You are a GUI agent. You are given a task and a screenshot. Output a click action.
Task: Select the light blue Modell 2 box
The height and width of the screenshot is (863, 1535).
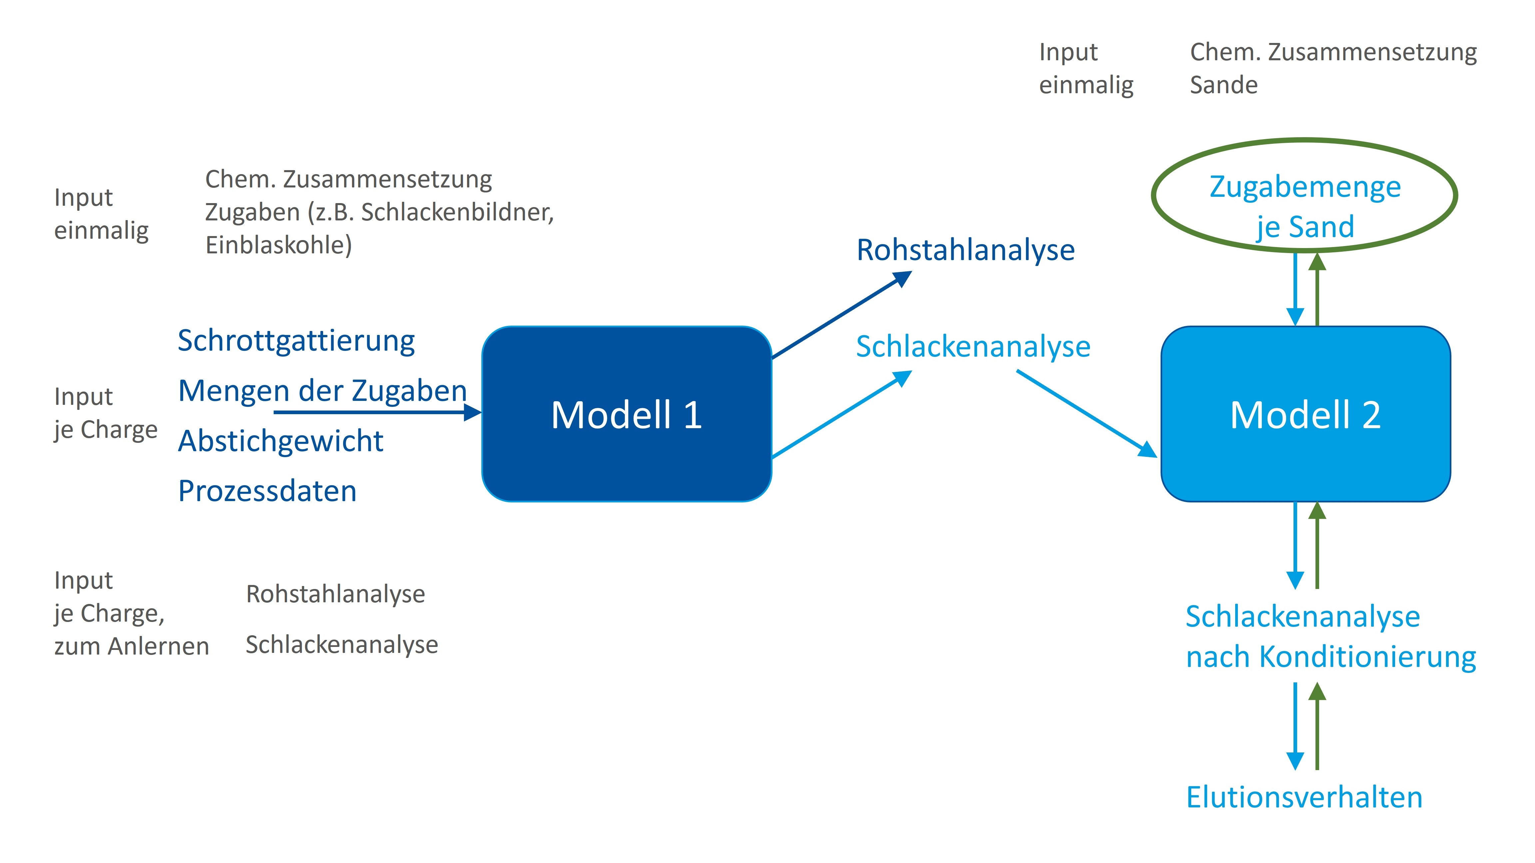click(x=1305, y=414)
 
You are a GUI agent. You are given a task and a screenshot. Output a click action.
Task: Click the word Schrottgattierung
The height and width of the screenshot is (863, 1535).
click(x=296, y=341)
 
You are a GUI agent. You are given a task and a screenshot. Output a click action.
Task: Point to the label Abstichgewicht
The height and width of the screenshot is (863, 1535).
click(x=281, y=441)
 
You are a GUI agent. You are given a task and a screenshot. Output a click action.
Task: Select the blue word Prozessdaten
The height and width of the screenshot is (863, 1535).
click(x=267, y=491)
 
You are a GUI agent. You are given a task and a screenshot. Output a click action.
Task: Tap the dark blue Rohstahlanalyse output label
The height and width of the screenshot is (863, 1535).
click(x=965, y=250)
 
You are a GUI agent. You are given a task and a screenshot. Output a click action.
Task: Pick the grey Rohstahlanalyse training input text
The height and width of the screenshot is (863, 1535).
click(x=335, y=594)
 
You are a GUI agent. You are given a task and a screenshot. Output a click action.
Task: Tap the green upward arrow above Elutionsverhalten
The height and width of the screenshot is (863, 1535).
click(x=1317, y=726)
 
